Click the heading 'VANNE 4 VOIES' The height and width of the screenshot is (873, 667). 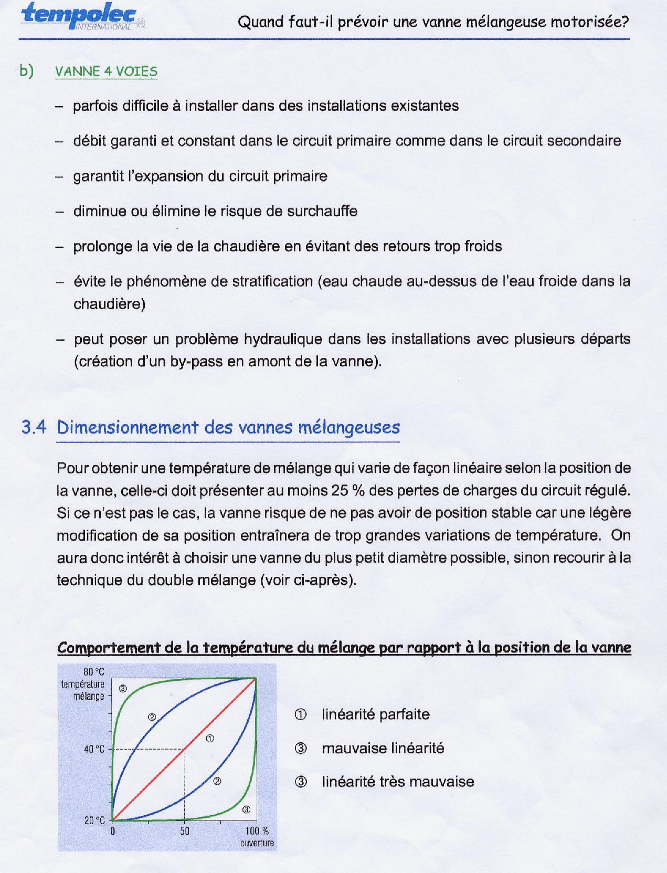[106, 71]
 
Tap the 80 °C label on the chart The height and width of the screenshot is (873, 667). [94, 672]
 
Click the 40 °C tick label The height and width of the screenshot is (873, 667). [94, 749]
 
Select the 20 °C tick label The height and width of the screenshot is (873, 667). [94, 821]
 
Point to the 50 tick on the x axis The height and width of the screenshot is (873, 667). [184, 832]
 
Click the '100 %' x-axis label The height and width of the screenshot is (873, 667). [257, 831]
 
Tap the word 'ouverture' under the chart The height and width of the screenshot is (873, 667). [257, 843]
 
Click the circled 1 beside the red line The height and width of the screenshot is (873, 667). [210, 739]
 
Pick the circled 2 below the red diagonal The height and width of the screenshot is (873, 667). [217, 781]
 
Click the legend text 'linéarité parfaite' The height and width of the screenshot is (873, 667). [375, 714]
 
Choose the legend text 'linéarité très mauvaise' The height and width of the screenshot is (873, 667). [398, 782]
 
